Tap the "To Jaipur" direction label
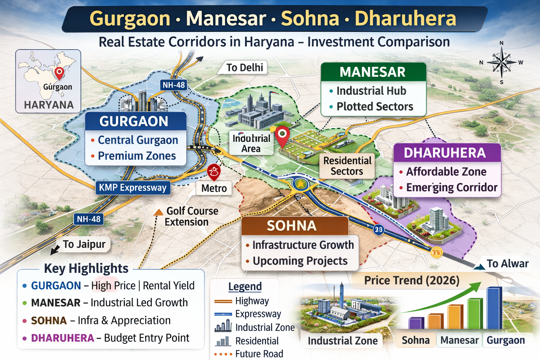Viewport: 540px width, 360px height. click(84, 244)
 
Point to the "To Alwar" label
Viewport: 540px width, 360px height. click(507, 264)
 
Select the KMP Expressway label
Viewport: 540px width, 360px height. click(133, 188)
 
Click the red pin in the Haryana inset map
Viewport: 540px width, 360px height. click(59, 72)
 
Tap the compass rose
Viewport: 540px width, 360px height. click(502, 63)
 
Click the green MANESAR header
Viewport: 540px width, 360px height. click(373, 72)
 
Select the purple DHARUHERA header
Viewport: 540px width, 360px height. click(445, 153)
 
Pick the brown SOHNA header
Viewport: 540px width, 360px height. click(292, 226)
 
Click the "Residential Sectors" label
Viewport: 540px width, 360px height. click(347, 166)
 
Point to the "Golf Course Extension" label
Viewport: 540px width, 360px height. click(192, 217)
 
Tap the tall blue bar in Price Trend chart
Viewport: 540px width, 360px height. click(494, 308)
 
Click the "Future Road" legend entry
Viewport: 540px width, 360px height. click(259, 354)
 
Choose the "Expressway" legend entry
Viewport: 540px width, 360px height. click(258, 314)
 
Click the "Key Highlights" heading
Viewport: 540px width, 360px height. click(86, 268)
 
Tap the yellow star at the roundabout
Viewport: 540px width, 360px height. click(300, 184)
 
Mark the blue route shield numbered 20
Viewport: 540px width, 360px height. click(378, 230)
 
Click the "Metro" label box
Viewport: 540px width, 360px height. click(214, 188)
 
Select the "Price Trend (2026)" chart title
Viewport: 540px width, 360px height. click(412, 281)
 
